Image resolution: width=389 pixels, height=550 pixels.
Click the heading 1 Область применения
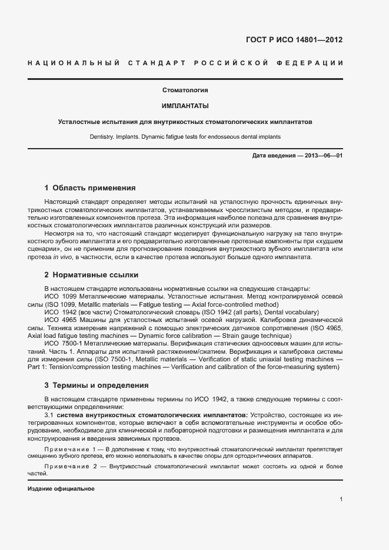[x=90, y=189]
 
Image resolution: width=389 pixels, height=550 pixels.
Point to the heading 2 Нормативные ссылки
[x=92, y=275]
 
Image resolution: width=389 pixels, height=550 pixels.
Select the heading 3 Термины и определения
[x=97, y=385]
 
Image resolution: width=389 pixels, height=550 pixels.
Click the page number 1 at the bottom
[x=341, y=499]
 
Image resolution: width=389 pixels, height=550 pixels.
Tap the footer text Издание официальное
[x=61, y=489]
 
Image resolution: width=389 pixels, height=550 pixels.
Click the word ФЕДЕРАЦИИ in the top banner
[x=313, y=63]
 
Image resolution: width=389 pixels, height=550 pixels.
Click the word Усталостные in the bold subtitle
[x=79, y=122]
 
